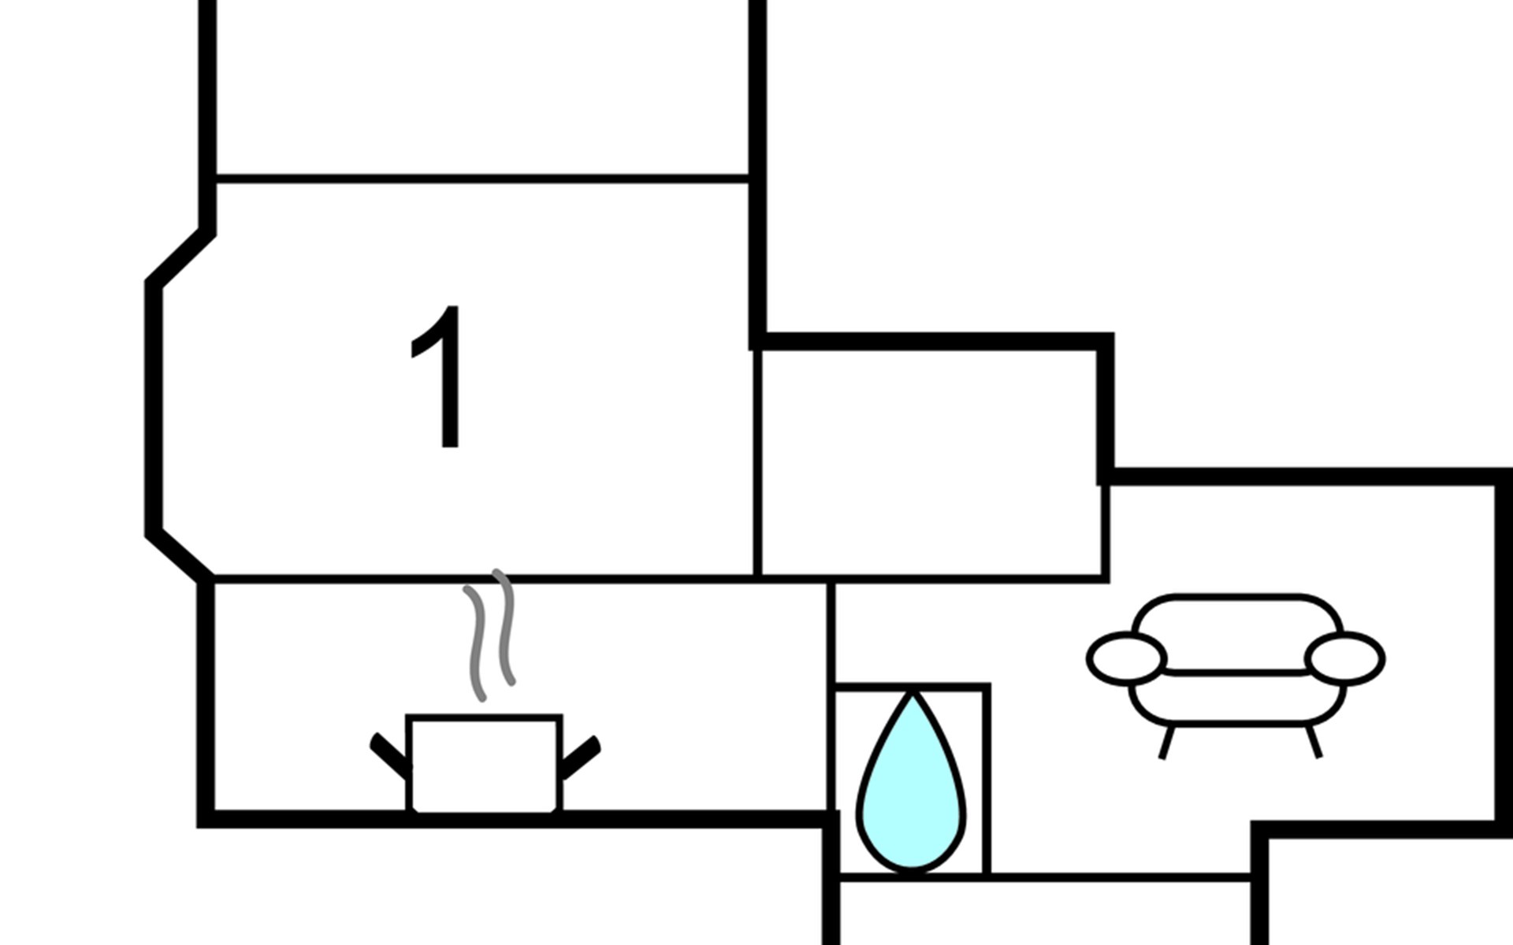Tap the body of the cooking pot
click(x=483, y=762)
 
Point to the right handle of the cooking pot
click(x=581, y=756)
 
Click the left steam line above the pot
click(x=476, y=642)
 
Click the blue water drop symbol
click(x=911, y=795)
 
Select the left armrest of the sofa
click(x=1126, y=658)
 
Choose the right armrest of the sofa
click(x=1344, y=658)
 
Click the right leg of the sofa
click(x=1314, y=742)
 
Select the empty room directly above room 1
click(x=481, y=87)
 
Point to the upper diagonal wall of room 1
click(x=180, y=257)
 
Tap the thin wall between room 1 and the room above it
click(x=481, y=179)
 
